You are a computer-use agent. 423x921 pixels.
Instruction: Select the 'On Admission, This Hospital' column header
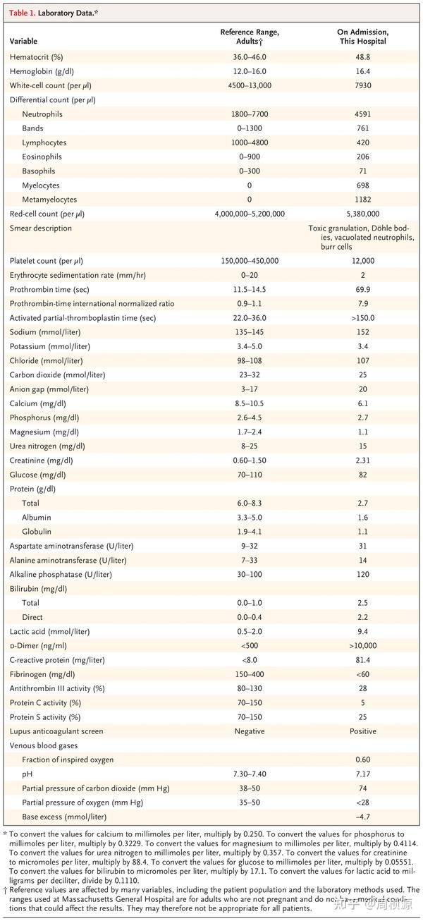point(362,37)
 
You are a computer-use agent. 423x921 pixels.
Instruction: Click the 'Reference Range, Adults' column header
point(250,37)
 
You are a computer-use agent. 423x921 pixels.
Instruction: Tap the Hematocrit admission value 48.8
point(362,57)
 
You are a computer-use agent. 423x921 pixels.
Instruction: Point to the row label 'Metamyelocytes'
point(49,200)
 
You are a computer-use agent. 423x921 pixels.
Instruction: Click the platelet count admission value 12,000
point(362,261)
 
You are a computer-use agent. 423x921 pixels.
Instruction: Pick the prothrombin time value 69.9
point(362,289)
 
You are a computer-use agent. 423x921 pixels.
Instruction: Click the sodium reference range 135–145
point(250,332)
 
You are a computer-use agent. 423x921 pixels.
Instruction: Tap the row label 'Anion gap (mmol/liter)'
point(49,389)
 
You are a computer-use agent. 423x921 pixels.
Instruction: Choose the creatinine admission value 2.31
point(362,460)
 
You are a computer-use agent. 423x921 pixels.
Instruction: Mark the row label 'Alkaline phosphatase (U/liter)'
point(61,574)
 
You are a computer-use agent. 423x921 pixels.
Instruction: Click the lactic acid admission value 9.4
point(362,631)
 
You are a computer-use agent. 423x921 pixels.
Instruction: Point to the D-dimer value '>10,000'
point(362,645)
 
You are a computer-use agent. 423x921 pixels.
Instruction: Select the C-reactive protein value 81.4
point(362,660)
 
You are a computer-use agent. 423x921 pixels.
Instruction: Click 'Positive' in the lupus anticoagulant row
point(362,731)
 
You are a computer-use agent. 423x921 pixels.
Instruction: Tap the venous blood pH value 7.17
point(362,774)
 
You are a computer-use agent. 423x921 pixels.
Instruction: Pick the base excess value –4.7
point(362,817)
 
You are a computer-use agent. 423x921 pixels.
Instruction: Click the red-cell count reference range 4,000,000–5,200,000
point(250,214)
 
